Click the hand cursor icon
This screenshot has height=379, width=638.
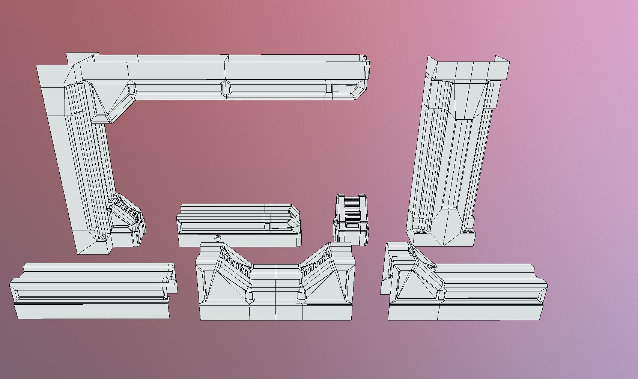(x=218, y=238)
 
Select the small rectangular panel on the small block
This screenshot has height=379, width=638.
(x=352, y=226)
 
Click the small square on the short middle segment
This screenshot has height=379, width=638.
(x=267, y=226)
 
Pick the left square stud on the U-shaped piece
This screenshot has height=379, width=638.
(x=250, y=295)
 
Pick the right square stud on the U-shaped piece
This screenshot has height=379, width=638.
(x=301, y=295)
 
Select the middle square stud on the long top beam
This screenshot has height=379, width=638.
(x=226, y=89)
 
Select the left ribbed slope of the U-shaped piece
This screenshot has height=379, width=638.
(x=236, y=263)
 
